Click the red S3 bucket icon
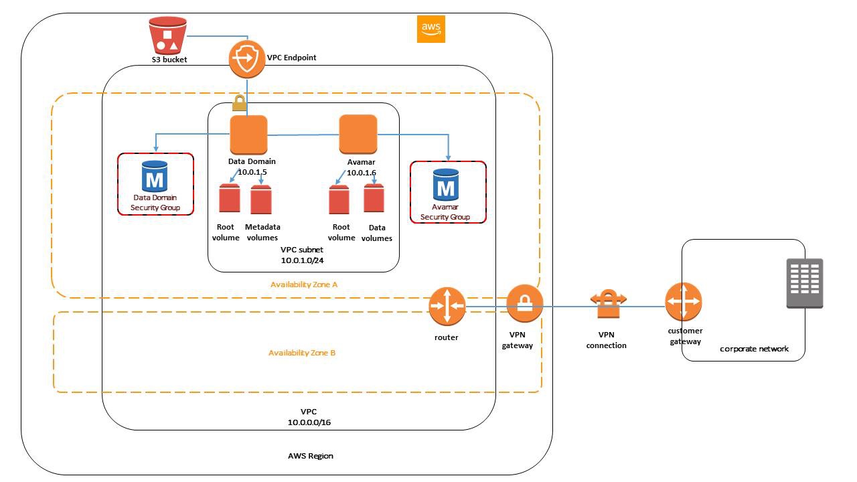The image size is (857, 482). coord(167,36)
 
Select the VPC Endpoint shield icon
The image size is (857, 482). coord(247,60)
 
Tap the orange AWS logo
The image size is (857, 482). coord(431,29)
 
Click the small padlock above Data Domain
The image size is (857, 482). coord(238,104)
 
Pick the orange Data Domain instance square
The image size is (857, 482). coord(248,135)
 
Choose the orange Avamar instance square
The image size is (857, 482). coord(358,134)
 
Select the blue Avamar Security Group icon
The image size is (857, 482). coord(445,184)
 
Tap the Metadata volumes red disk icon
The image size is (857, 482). coord(261,199)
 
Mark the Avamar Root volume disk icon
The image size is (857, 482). coord(339,199)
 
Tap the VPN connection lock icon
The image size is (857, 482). coord(607,305)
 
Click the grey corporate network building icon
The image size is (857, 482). coord(804,284)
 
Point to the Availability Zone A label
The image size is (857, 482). coord(304,285)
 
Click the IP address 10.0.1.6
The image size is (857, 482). coord(362,173)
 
